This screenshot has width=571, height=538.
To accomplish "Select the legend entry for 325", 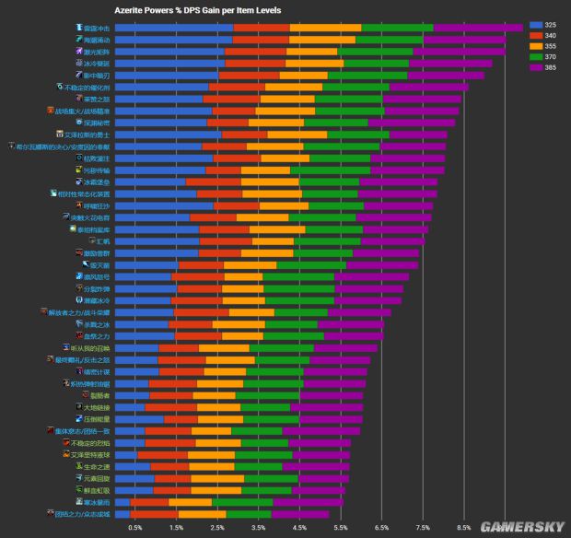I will [543, 24].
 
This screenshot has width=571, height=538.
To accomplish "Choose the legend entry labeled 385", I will [543, 67].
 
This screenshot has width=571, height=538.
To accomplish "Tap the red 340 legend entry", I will [543, 35].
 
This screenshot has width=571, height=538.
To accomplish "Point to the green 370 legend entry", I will [543, 56].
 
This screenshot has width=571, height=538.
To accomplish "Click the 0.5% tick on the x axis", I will [135, 528].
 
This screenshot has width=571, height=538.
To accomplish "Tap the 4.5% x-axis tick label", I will [299, 528].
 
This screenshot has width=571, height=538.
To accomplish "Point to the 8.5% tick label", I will [463, 528].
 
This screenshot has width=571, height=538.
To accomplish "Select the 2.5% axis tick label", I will [217, 528].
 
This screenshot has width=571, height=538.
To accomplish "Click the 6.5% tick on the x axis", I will [381, 528].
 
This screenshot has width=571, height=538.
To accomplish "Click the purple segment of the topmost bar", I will [478, 28].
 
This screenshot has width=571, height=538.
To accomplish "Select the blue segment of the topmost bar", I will [174, 28].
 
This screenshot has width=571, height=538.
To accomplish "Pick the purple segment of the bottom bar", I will [300, 514].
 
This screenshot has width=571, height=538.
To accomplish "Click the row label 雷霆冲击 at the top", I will [96, 28].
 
